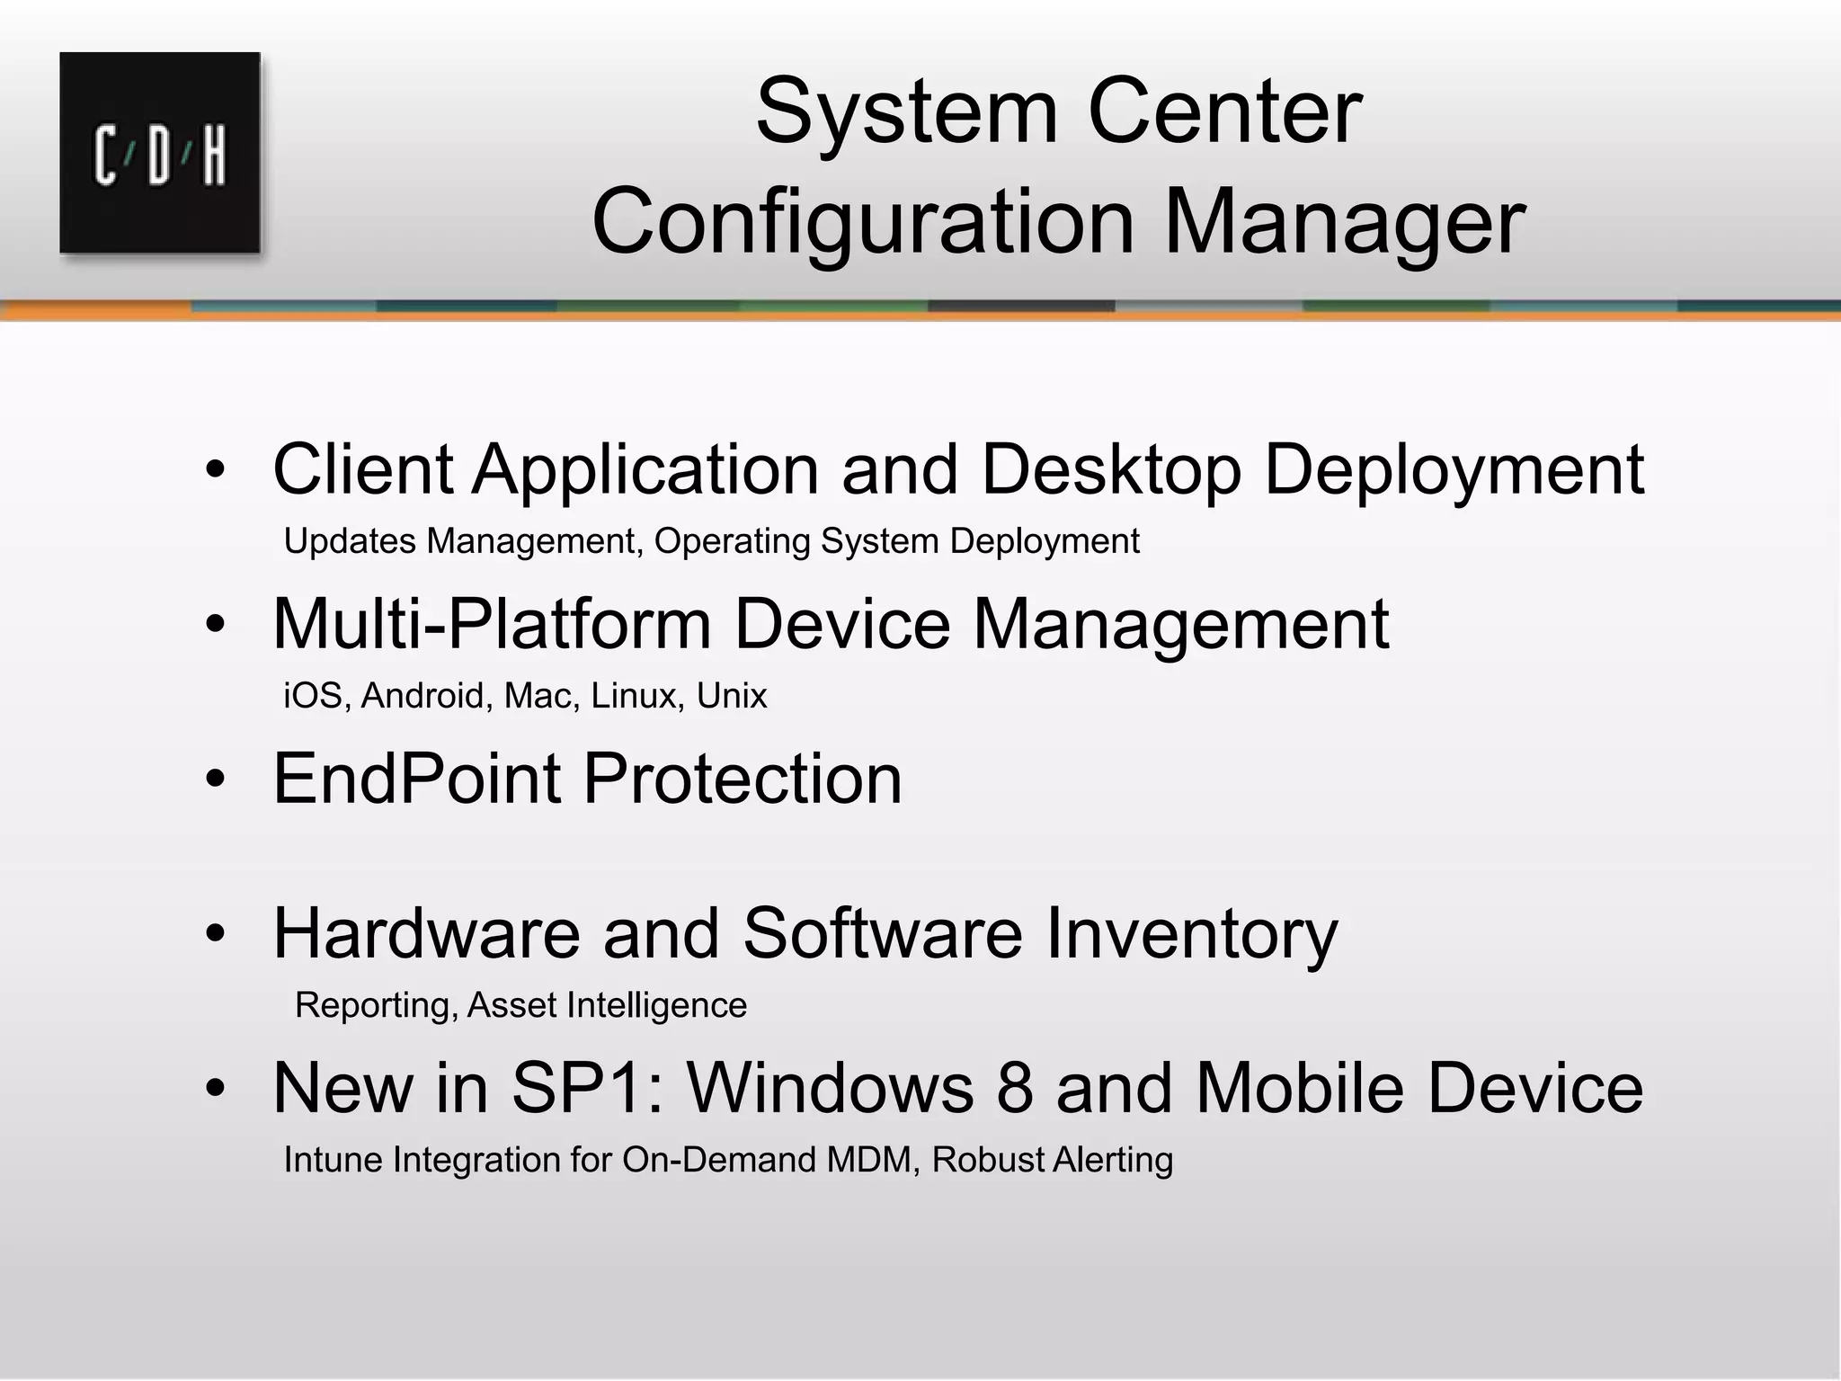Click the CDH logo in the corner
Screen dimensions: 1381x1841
(x=160, y=153)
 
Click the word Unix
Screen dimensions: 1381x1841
(x=732, y=696)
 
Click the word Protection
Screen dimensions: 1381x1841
(x=743, y=778)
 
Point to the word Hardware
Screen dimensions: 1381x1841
(x=427, y=933)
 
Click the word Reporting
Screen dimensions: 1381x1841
(x=372, y=1005)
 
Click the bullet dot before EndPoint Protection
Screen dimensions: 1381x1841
(x=214, y=780)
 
